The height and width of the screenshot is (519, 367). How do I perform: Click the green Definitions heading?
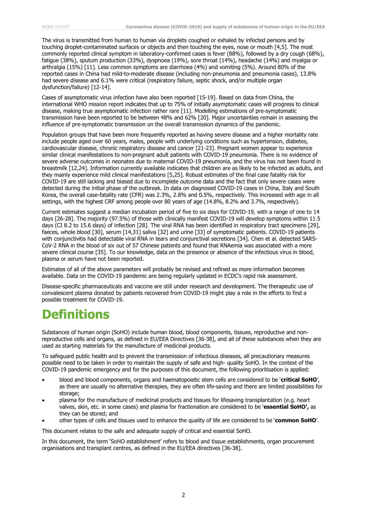76,314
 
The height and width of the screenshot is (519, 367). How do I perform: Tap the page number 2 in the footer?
183,495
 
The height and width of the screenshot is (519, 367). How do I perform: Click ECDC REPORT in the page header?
56,27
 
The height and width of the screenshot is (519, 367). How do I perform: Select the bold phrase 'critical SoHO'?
299,380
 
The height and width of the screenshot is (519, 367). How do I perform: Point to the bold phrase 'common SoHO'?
295,420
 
